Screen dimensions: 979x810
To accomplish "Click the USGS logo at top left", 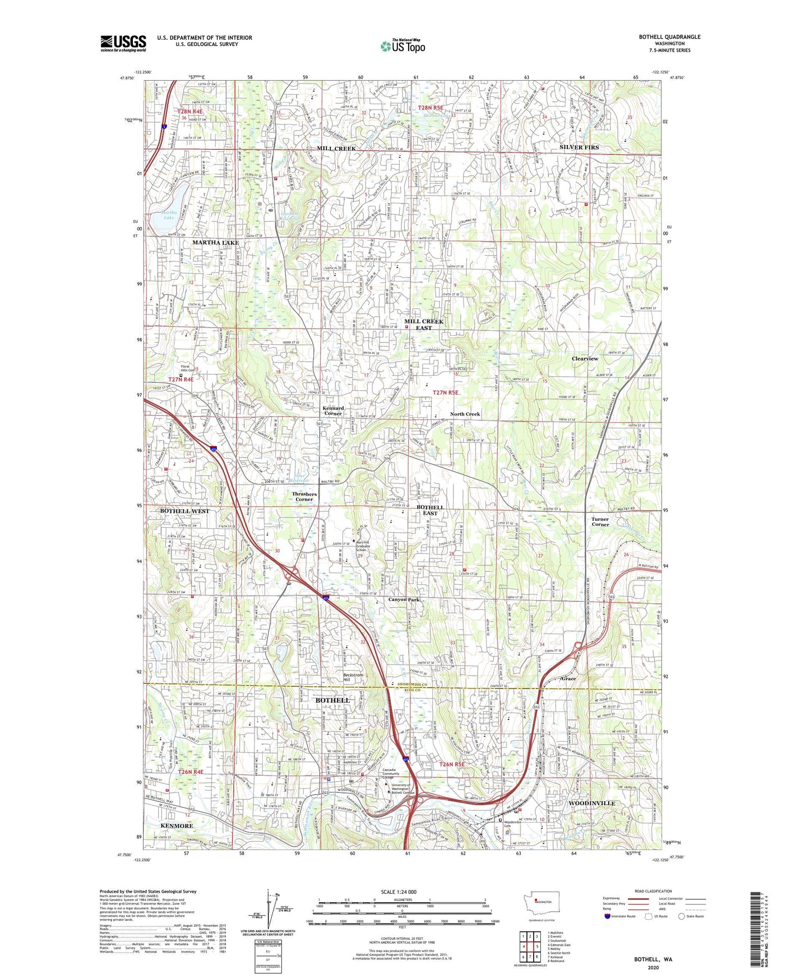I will [123, 43].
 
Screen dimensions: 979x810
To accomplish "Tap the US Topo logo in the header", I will [402, 46].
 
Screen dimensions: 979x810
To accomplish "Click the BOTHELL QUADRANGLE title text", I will [669, 37].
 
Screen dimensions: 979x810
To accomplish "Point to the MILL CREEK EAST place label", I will [424, 325].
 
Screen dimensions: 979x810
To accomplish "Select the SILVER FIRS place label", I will [579, 147].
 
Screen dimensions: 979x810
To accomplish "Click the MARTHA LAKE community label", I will [215, 243].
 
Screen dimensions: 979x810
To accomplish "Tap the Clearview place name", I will [585, 359].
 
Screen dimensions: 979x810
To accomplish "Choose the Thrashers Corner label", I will [304, 497].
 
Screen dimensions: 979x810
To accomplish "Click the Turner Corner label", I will [600, 522].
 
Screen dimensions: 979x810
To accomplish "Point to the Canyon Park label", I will [404, 599].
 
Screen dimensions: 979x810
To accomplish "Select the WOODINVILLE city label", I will [592, 803].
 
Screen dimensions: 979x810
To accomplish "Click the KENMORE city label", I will [177, 826].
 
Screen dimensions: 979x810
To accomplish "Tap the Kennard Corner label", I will [333, 411].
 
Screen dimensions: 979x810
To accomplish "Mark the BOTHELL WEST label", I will [184, 511].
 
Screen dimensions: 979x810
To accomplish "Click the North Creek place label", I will [465, 414].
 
